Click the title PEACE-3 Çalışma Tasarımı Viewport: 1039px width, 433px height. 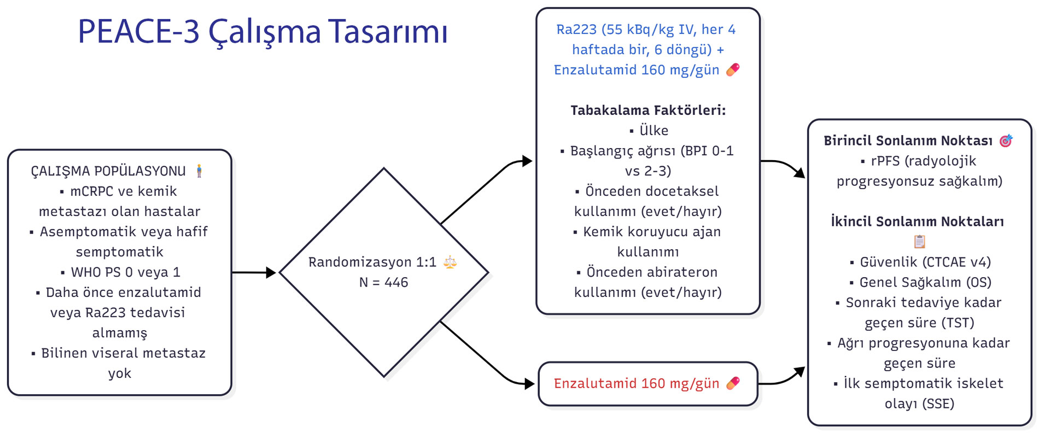point(262,32)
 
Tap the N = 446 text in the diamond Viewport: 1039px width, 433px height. point(383,283)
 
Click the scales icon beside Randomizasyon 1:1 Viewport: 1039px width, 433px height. point(450,262)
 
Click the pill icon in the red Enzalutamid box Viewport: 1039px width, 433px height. point(733,383)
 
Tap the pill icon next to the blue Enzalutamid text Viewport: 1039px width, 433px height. point(733,69)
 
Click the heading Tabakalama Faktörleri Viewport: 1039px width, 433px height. point(648,110)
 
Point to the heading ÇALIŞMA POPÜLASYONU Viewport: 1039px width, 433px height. point(108,171)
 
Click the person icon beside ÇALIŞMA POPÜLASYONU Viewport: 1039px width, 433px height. point(199,171)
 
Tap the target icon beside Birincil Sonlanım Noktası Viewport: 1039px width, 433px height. point(1006,141)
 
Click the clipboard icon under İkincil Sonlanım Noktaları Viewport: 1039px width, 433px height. point(920,241)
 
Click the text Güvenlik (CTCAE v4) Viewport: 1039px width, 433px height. point(925,262)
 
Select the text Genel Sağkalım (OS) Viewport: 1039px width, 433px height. point(925,283)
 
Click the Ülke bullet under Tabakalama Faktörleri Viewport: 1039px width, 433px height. point(653,131)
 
